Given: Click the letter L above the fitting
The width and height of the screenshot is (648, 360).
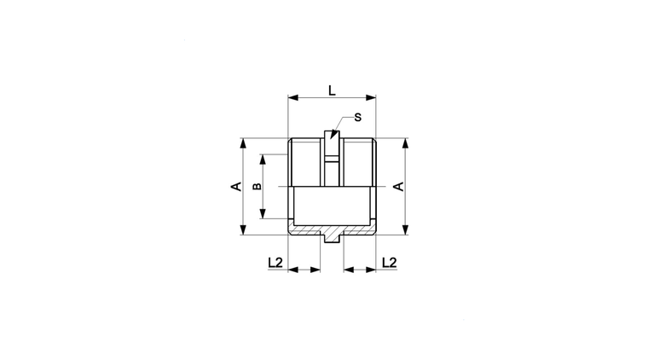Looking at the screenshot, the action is pyautogui.click(x=332, y=90).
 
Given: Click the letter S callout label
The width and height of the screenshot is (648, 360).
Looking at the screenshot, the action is pyautogui.click(x=358, y=118).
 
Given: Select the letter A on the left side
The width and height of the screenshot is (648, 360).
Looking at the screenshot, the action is pyautogui.click(x=236, y=187).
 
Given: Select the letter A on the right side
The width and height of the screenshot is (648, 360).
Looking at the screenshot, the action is pyautogui.click(x=399, y=187).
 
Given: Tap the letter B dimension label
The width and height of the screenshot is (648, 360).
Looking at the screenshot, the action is pyautogui.click(x=257, y=187).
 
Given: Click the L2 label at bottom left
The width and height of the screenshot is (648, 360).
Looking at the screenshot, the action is pyautogui.click(x=275, y=263).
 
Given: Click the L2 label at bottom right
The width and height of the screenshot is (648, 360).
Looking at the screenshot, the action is pyautogui.click(x=390, y=263).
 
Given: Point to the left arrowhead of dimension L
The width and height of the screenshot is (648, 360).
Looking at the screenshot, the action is pyautogui.click(x=293, y=98).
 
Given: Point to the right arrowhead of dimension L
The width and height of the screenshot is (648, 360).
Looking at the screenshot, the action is pyautogui.click(x=371, y=98).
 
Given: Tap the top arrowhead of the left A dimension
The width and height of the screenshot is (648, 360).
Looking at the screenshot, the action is pyautogui.click(x=243, y=143).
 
